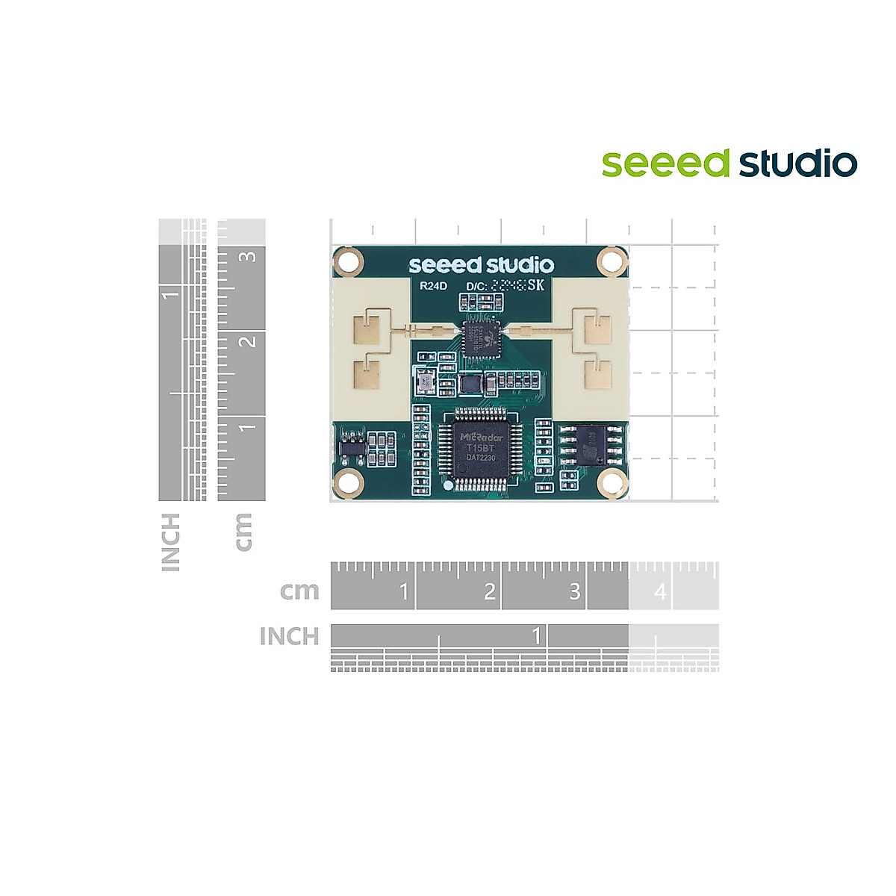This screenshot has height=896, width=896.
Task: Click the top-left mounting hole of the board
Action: tap(348, 262)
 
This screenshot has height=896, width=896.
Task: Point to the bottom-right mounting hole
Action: tap(612, 483)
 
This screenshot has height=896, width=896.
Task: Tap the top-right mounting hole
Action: tap(612, 262)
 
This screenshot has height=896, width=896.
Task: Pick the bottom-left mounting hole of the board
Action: tap(348, 483)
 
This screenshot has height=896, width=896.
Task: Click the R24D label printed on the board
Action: tap(433, 285)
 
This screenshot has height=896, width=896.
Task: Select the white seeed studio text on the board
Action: tap(482, 265)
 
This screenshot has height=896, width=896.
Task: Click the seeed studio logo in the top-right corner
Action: tap(729, 164)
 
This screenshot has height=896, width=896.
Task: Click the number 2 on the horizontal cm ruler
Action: tap(489, 592)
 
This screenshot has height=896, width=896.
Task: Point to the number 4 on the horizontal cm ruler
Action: tap(660, 592)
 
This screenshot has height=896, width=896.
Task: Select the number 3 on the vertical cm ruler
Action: tap(249, 256)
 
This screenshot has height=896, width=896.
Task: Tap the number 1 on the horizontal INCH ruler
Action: tap(535, 636)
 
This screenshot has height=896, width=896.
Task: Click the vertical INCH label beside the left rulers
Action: tap(171, 542)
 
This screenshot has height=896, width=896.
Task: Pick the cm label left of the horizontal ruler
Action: tap(299, 591)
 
